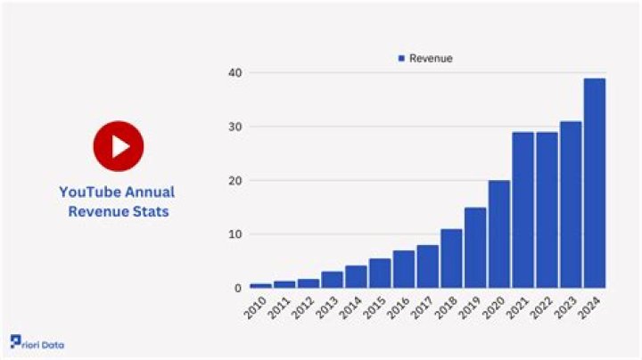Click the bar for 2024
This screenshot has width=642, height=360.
click(595, 184)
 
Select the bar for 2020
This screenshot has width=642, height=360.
click(499, 234)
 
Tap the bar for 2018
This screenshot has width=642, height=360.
click(451, 258)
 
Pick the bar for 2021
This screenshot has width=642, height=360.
click(523, 210)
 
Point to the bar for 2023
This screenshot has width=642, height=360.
click(571, 205)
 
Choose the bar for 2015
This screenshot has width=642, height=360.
click(380, 274)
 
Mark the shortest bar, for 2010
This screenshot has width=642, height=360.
click(260, 285)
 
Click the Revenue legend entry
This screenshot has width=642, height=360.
click(425, 59)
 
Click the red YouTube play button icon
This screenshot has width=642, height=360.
click(118, 146)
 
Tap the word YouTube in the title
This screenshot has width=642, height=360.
click(87, 192)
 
